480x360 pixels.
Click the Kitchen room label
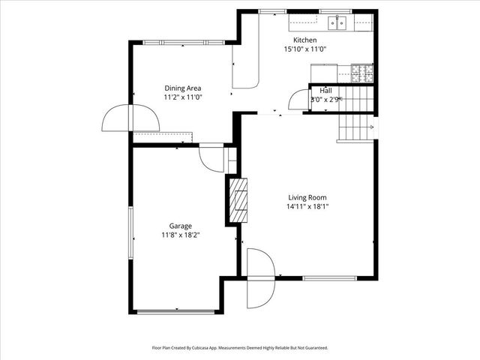304,40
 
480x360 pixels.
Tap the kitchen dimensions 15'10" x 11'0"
304,49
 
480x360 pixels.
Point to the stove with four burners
362,73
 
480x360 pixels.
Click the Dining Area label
183,88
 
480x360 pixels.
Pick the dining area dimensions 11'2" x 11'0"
183,97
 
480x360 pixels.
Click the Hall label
326,90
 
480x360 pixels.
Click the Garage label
180,226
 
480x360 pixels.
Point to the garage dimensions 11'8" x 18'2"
180,235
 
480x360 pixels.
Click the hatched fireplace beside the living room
238,200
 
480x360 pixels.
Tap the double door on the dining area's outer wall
130,118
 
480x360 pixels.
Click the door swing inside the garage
213,158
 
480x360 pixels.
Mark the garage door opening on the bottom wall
176,312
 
